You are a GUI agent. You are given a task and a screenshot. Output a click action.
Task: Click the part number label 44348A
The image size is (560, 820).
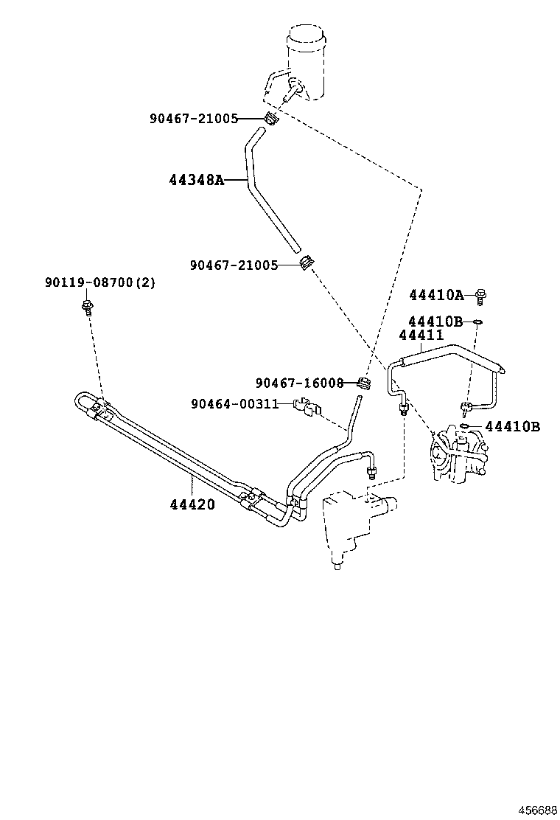click(197, 179)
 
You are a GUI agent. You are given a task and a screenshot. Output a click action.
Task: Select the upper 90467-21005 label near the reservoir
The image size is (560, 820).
click(194, 118)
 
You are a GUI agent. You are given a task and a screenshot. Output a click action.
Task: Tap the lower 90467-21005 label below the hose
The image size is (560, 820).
click(234, 264)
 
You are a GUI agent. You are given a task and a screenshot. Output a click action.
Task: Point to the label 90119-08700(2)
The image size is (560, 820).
click(100, 282)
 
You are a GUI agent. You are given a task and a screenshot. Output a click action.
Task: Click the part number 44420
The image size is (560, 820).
click(192, 504)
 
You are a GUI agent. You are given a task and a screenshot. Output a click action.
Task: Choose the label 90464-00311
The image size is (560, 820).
click(234, 403)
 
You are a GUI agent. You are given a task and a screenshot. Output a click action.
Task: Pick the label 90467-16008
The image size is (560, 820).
click(299, 383)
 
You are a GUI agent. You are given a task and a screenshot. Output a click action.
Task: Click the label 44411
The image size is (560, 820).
click(421, 335)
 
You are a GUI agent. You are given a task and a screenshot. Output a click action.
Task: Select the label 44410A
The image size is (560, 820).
click(435, 296)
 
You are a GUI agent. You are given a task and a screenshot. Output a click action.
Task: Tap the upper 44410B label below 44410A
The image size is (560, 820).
click(435, 322)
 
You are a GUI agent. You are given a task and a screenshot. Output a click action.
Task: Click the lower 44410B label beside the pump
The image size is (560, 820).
click(513, 426)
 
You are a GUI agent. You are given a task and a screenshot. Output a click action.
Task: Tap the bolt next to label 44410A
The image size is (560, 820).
click(480, 296)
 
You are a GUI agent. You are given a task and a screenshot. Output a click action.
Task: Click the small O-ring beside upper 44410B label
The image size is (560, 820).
click(477, 322)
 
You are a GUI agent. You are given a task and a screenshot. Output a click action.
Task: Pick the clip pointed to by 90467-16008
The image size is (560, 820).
click(363, 382)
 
